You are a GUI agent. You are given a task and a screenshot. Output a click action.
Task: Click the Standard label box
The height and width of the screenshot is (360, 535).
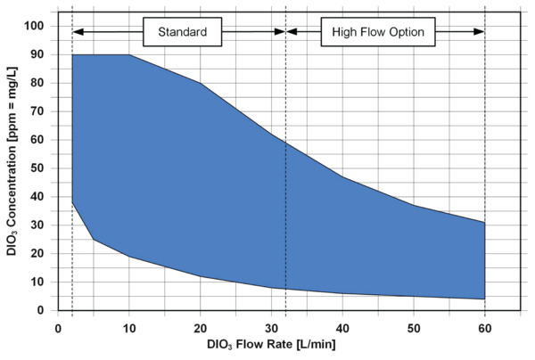[183, 32]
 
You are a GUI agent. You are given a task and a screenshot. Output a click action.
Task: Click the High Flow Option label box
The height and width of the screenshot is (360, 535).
[384, 32]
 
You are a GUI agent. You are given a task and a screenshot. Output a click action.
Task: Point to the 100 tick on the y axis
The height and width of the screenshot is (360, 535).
[33, 26]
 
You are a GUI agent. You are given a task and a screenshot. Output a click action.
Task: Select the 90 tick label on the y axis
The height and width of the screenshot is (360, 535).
[37, 54]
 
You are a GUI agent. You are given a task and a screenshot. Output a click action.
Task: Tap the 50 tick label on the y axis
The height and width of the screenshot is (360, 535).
[37, 168]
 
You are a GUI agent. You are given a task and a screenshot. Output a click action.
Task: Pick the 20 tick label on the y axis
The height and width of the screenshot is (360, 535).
[37, 253]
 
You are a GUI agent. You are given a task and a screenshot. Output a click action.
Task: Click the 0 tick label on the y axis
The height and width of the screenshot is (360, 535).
[40, 310]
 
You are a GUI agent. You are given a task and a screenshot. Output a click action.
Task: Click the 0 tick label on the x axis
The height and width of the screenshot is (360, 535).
[58, 326]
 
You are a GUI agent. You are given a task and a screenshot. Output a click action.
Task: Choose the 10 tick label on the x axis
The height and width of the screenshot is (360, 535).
[128, 326]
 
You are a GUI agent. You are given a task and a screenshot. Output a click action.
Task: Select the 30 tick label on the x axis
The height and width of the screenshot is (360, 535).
[271, 326]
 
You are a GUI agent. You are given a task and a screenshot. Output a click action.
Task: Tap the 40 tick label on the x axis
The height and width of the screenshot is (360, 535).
[342, 326]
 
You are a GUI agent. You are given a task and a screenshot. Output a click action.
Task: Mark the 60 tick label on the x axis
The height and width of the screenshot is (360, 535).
[484, 326]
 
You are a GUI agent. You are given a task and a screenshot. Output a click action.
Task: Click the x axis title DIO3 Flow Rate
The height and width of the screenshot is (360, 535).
[259, 345]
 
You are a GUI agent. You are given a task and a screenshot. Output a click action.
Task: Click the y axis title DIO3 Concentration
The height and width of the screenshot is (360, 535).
[12, 169]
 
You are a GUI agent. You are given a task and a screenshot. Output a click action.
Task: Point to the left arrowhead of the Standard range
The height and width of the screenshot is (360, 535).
[77, 32]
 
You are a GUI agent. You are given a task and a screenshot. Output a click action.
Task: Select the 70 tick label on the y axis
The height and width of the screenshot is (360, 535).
[37, 111]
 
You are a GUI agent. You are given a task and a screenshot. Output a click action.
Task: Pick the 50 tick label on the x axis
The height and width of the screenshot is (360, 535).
[413, 326]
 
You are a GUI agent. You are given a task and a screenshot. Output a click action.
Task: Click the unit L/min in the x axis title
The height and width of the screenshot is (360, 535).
[317, 345]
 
